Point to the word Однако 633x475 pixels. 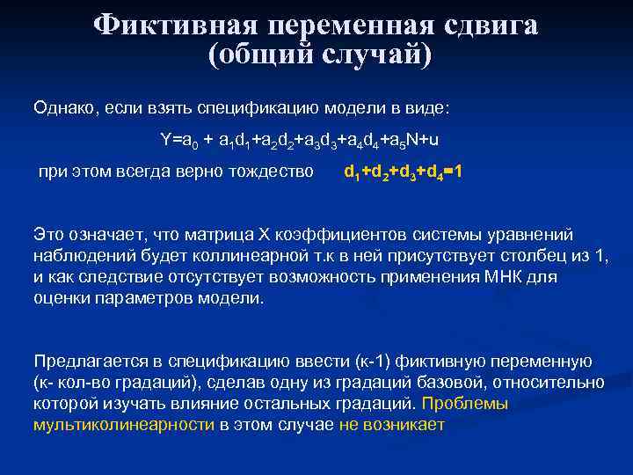(65, 108)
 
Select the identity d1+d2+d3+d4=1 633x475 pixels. (403, 172)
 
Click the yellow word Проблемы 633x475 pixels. (466, 404)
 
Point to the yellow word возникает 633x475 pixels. (411, 425)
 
